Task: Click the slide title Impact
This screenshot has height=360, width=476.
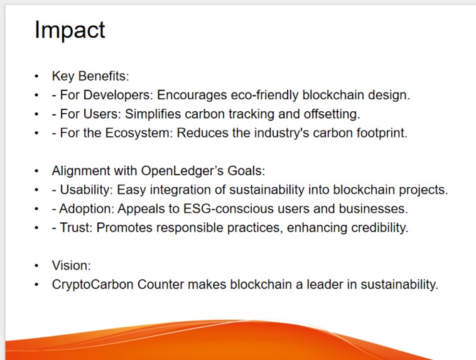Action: pos(70,30)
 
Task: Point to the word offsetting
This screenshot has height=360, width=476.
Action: pos(331,114)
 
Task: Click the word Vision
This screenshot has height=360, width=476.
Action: pos(70,265)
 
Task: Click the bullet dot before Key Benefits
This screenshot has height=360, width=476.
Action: pos(37,77)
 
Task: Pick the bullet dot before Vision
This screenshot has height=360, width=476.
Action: pos(37,265)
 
